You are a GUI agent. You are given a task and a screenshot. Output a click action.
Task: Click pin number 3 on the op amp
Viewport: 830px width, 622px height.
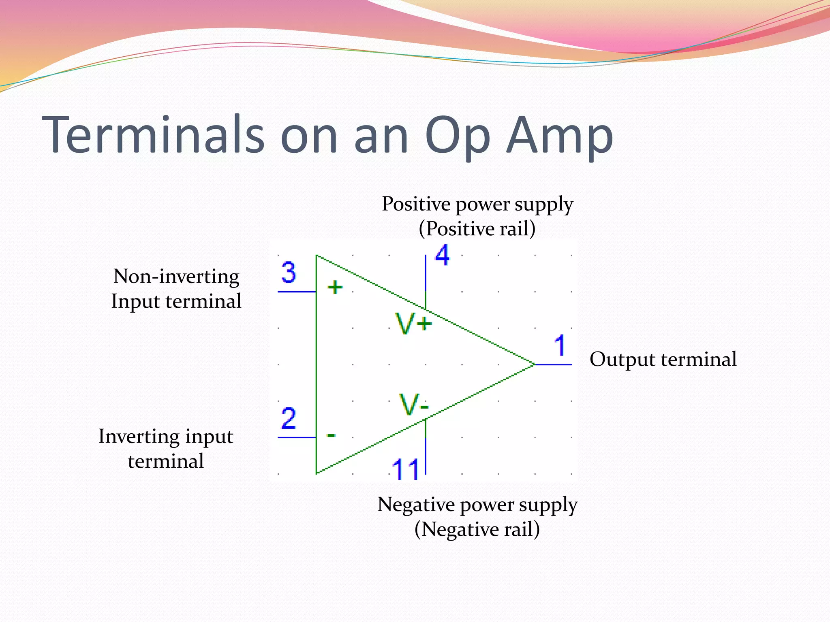point(289,273)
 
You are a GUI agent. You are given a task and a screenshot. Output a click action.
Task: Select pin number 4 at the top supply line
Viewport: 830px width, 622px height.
point(442,256)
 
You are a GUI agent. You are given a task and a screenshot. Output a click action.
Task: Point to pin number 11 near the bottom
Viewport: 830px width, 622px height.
point(405,469)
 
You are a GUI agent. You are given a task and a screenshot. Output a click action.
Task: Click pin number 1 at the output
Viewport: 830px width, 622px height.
point(560,345)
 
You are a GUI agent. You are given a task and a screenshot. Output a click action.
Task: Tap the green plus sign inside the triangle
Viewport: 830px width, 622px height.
point(335,288)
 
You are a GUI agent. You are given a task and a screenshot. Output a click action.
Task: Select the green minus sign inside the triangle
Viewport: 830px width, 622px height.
point(331,435)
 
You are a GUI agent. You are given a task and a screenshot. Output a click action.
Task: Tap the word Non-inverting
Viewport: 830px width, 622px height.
point(176,277)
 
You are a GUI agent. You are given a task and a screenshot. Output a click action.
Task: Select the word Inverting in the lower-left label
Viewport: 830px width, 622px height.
point(139,437)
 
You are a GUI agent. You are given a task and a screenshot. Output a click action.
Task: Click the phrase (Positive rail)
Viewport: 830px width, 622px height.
point(477,229)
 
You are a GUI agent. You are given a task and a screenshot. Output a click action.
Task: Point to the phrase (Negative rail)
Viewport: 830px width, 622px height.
point(477,529)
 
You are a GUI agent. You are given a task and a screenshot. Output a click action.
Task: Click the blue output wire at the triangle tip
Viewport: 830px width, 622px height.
point(553,364)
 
